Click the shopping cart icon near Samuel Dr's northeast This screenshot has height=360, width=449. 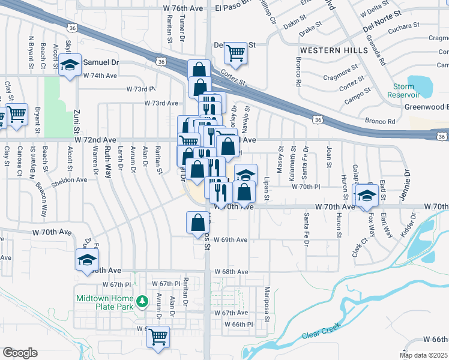[x=236, y=53]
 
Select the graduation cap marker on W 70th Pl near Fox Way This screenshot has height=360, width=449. [x=366, y=195]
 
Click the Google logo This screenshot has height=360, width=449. [x=20, y=352]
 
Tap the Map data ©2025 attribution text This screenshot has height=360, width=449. [x=423, y=355]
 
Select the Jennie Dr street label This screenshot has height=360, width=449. [x=406, y=180]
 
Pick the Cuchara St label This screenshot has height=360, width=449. [x=403, y=27]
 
